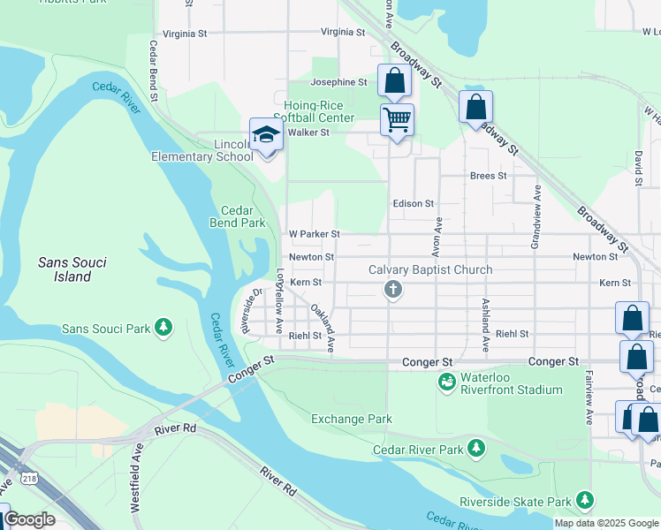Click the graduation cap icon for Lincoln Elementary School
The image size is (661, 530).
(x=265, y=135)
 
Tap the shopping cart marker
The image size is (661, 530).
(x=397, y=118)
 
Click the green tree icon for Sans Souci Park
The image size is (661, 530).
(x=163, y=329)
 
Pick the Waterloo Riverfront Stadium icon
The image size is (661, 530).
(x=447, y=382)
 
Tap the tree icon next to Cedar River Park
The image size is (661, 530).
(x=476, y=449)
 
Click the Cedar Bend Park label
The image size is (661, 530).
(x=238, y=216)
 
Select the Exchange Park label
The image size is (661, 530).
(x=351, y=419)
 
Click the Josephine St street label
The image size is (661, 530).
(x=338, y=82)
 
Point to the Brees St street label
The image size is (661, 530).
(x=488, y=176)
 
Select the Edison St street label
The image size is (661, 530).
(x=413, y=203)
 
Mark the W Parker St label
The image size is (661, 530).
(x=314, y=234)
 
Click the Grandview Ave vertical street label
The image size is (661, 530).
(x=536, y=219)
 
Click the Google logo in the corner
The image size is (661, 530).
(x=29, y=519)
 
